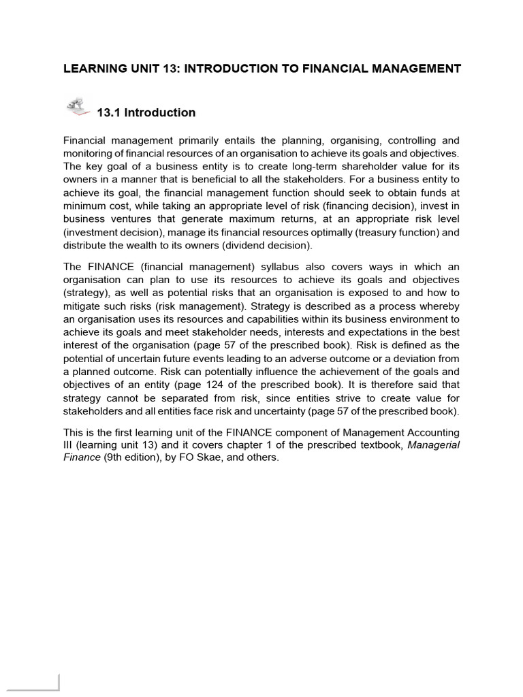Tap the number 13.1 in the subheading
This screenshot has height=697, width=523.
coord(110,113)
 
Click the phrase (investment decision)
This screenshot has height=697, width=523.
coord(106,232)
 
